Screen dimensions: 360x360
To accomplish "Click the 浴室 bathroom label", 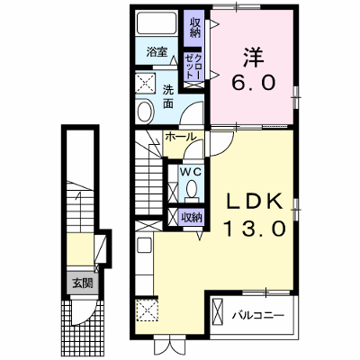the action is coord(157,52).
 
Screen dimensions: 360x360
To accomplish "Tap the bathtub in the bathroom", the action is coord(157,22).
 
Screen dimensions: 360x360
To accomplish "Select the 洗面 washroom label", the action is coord(168,96).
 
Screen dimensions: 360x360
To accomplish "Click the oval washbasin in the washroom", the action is coord(145,111).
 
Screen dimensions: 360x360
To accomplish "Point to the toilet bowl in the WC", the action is coord(192,189).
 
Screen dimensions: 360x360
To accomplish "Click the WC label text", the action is coord(190,172).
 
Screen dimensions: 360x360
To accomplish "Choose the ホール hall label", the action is coord(180,137).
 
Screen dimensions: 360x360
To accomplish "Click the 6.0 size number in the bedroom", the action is coord(253,83).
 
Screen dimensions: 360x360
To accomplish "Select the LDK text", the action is coord(255,202).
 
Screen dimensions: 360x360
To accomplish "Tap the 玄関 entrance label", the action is coord(82,283).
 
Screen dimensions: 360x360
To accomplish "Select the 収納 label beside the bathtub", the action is coord(194,28).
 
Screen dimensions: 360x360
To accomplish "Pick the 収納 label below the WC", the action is coord(193,216).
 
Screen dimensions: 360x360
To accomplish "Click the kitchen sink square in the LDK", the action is coord(145,245).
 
